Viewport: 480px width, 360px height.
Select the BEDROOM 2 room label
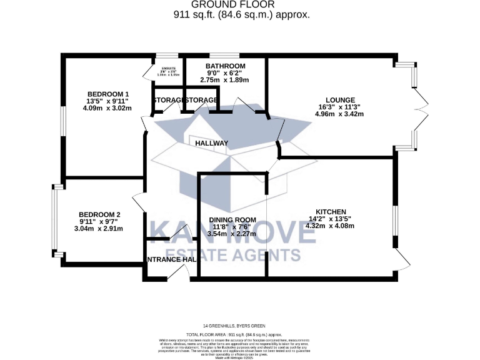pyautogui.click(x=100, y=214)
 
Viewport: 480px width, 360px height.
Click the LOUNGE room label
pyautogui.click(x=339, y=99)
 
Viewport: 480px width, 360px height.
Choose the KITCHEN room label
pyautogui.click(x=331, y=212)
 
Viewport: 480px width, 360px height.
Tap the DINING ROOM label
pyautogui.click(x=232, y=219)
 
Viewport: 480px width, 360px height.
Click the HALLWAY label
pyautogui.click(x=212, y=143)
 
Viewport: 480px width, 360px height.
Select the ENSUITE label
pyautogui.click(x=169, y=68)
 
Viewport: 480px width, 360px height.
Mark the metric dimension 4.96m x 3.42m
pyautogui.click(x=339, y=114)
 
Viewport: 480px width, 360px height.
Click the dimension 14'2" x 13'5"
pyautogui.click(x=331, y=219)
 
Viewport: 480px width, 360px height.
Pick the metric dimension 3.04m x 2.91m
pyautogui.click(x=100, y=229)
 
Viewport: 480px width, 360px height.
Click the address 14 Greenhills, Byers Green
pyautogui.click(x=241, y=326)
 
